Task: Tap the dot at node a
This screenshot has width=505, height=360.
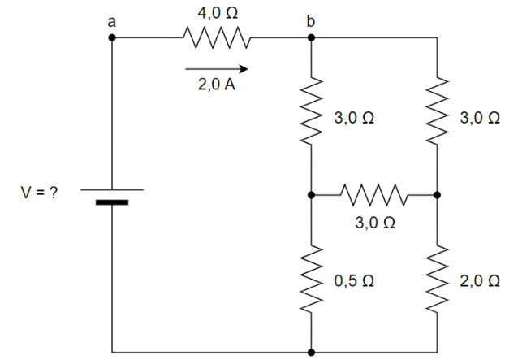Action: coord(112,37)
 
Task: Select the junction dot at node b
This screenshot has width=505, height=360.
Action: coord(311,37)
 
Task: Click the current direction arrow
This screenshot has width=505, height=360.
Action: coord(216,68)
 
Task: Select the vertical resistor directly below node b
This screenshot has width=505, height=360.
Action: coord(311,114)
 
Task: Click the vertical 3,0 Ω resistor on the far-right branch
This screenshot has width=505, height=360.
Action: coord(438,114)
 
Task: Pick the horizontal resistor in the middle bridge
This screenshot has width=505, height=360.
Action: coord(374,195)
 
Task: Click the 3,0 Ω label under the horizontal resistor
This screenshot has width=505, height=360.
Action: coord(375,222)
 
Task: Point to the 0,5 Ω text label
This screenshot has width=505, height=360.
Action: coord(354,281)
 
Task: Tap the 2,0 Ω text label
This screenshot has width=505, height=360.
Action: coord(479,281)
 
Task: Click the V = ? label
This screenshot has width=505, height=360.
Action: coord(39,194)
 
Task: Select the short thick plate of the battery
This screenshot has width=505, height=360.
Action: coord(112,202)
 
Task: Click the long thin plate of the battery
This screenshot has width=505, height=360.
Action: coord(112,189)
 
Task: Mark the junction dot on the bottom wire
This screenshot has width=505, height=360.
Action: coord(311,353)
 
